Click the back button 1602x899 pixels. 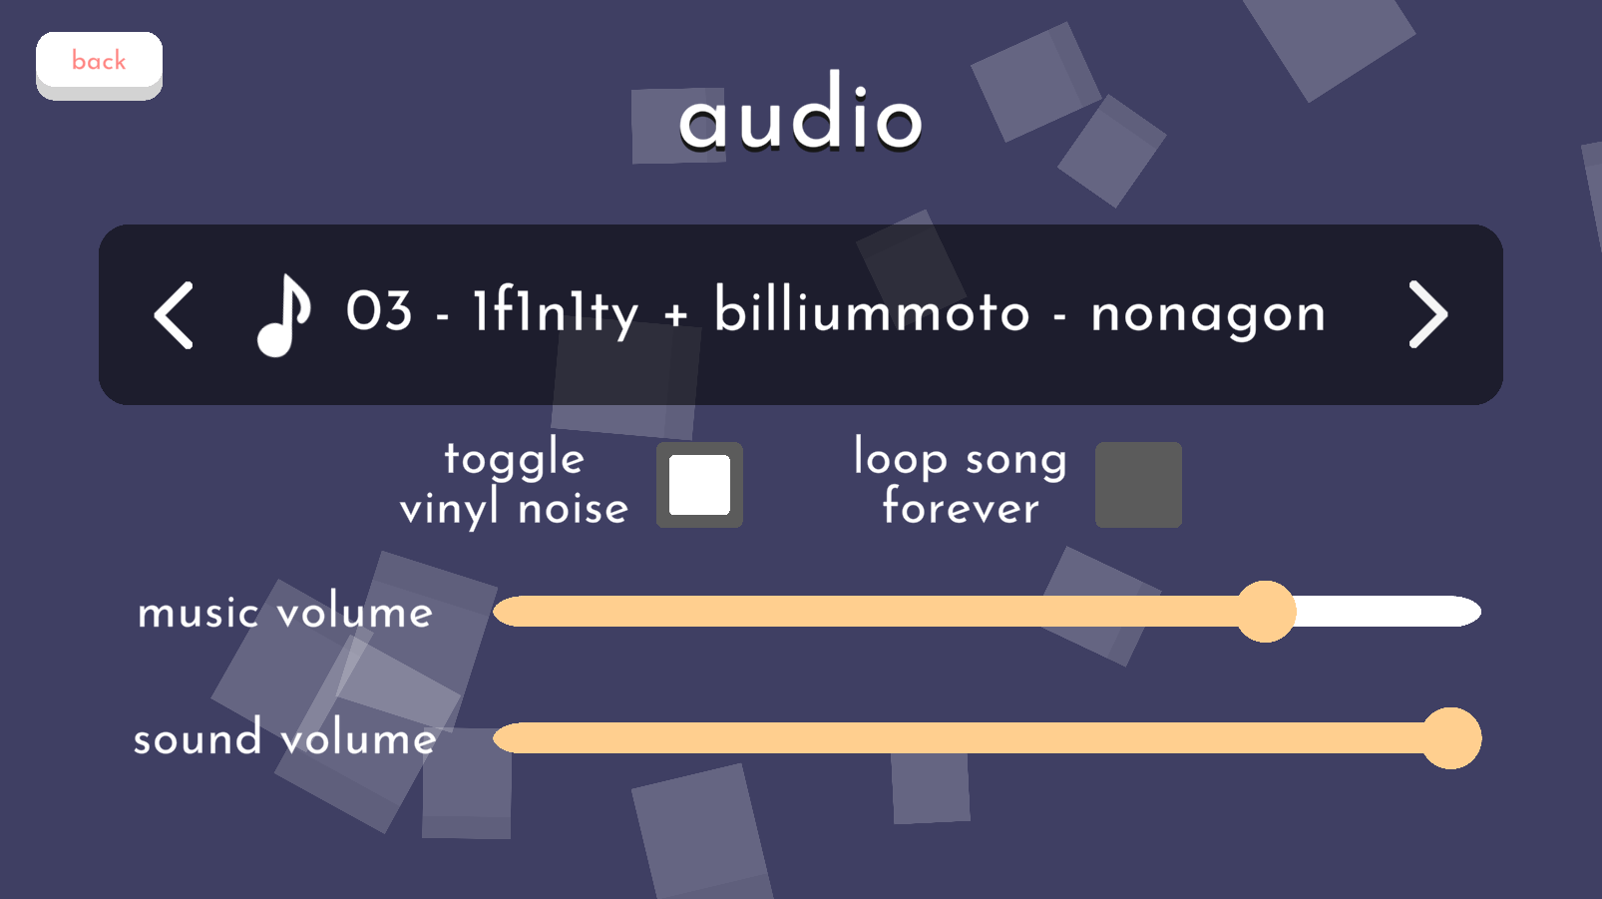pos(99,65)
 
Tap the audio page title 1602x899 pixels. pos(800,112)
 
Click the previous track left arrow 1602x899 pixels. pos(174,314)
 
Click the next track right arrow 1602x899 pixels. pos(1428,314)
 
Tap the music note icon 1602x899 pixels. pos(284,314)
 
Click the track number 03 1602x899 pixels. pos(379,311)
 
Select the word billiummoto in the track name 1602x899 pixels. pos(872,309)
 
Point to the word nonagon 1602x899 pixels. pos(1208,315)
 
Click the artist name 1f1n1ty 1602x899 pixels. pos(555,312)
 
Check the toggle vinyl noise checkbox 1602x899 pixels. pos(699,485)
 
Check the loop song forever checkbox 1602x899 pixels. pos(1138,485)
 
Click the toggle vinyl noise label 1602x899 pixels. pos(514,483)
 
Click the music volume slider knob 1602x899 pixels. pos(1266,612)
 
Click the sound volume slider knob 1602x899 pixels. pos(1450,738)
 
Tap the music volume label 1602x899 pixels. pos(285,613)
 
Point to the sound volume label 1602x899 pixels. pos(284,738)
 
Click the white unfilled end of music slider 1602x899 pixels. pos(1388,612)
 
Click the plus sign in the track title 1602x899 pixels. pos(676,314)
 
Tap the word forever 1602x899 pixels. pos(961,506)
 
